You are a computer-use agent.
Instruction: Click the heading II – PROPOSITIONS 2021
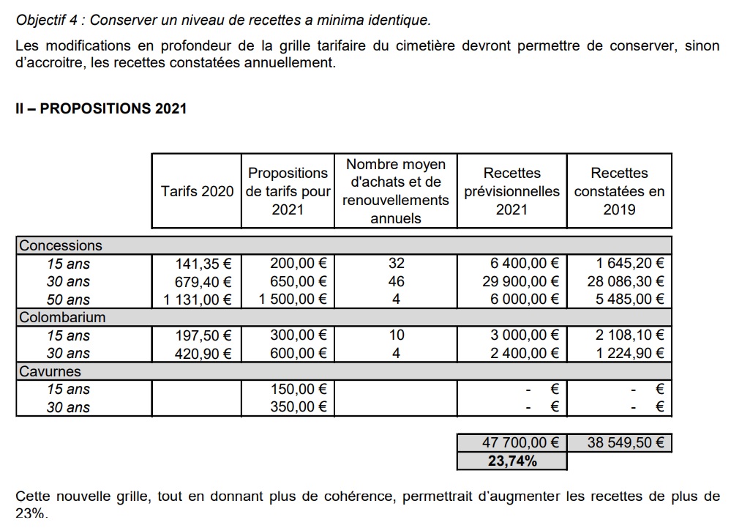coord(101,108)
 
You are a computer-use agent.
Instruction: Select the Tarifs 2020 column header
coord(197,191)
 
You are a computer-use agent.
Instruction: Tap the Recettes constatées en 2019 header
coord(619,191)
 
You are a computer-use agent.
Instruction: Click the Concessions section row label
coord(61,246)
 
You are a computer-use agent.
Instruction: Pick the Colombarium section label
coord(62,318)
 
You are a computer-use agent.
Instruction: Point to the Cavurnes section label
coord(50,372)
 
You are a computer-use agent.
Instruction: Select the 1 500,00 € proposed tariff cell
coord(293,300)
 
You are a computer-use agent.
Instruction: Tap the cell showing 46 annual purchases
coord(396,282)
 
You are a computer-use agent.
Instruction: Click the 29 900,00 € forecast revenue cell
coord(524,282)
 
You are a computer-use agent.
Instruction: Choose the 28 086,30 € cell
coord(626,282)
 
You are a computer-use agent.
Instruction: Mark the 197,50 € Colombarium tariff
coord(203,336)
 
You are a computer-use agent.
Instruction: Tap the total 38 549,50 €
coord(626,443)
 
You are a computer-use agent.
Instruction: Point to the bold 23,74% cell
coord(512,461)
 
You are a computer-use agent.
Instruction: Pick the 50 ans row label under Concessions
coord(68,300)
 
